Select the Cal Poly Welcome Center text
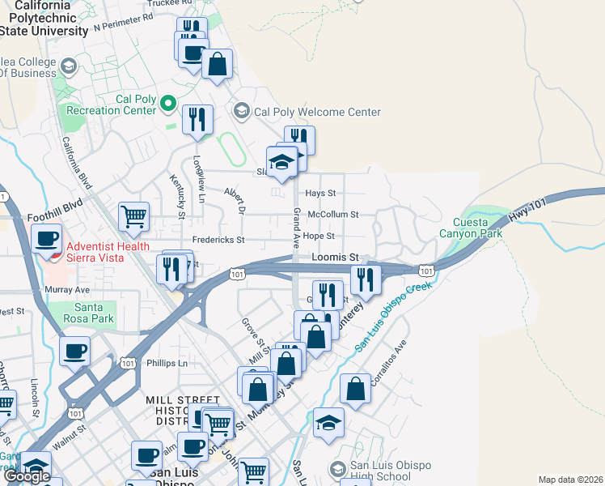[317, 112]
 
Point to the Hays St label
[320, 194]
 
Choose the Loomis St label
[335, 257]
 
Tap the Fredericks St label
[218, 240]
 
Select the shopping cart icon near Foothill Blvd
[133, 216]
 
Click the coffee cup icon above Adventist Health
[47, 238]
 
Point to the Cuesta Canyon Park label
[471, 228]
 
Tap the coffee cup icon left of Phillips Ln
[74, 352]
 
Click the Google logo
[27, 476]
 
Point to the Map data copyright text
[569, 480]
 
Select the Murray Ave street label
[70, 289]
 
